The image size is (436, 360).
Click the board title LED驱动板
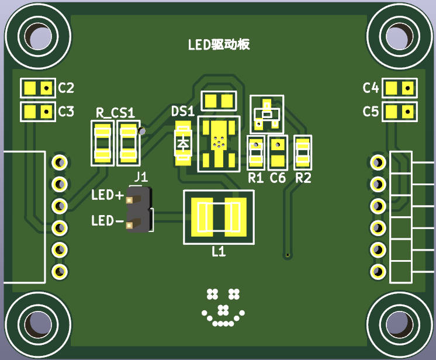tap(219, 44)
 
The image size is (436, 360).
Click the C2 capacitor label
tap(66, 88)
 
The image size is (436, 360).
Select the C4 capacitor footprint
tap(400, 88)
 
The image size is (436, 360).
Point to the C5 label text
tap(371, 111)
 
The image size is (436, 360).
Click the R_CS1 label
tap(115, 113)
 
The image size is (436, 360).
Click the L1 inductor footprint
tap(219, 217)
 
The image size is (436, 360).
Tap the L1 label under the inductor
tap(219, 252)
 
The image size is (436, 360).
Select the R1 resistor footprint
tap(256, 153)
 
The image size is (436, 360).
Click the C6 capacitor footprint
tap(278, 153)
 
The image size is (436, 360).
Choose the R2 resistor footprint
tap(303, 153)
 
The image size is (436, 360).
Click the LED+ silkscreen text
tap(108, 195)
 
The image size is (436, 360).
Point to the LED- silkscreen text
tap(108, 221)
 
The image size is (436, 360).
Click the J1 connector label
tap(141, 177)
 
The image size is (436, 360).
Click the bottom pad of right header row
tap(378, 271)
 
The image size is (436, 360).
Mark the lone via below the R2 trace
tap(288, 255)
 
